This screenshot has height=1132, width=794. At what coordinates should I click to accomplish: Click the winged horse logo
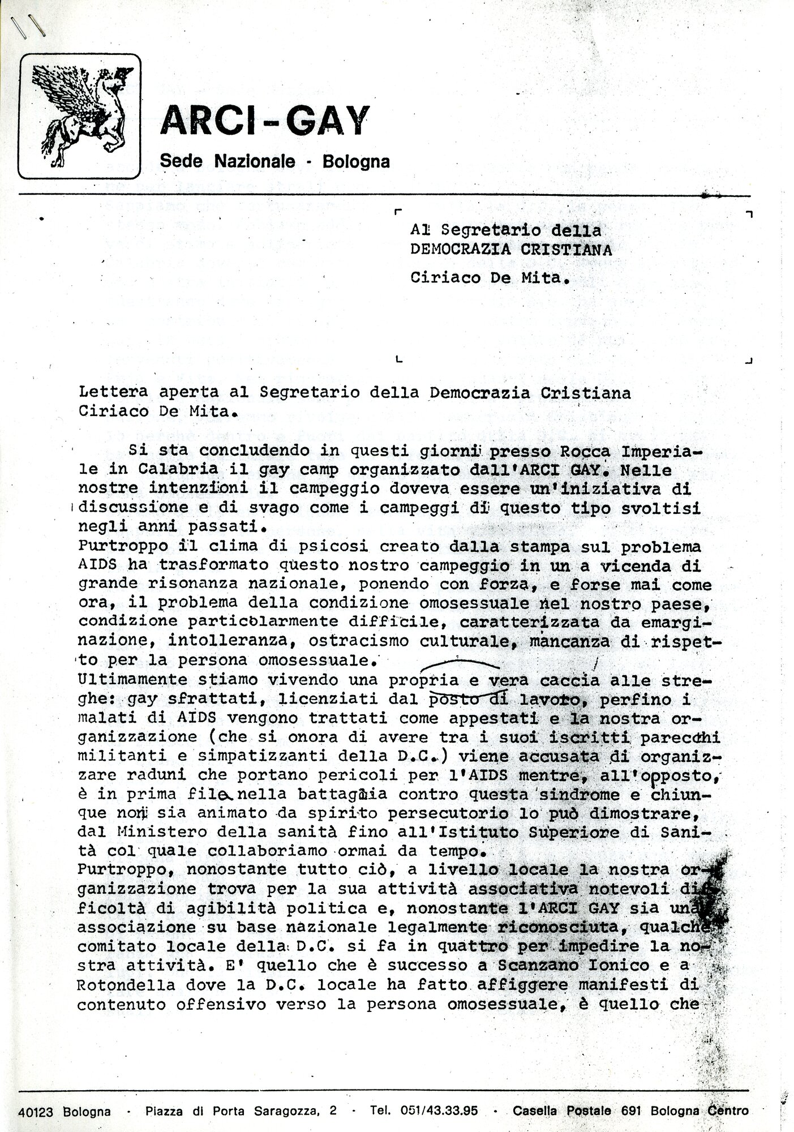click(x=79, y=115)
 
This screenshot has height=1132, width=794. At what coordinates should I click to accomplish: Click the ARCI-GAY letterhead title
click(x=264, y=121)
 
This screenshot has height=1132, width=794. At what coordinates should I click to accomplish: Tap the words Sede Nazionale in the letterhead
click(x=228, y=161)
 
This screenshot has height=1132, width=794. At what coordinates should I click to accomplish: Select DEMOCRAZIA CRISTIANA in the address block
click(x=511, y=250)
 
